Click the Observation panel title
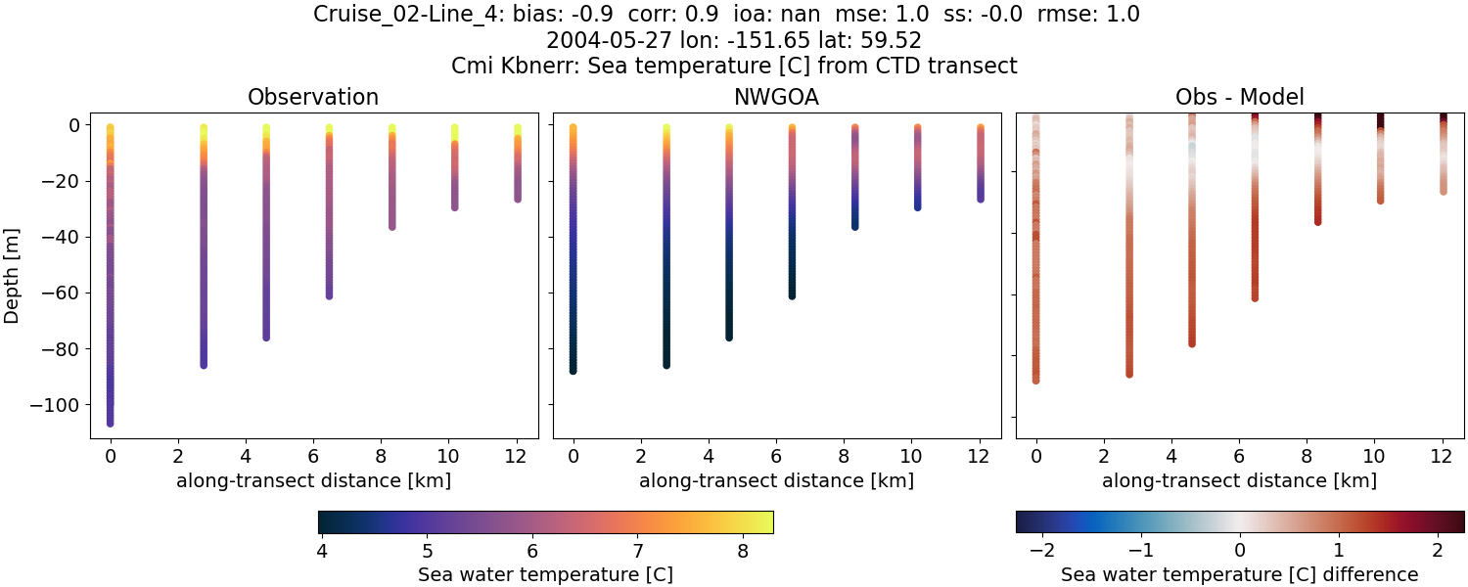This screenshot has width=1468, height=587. [x=312, y=97]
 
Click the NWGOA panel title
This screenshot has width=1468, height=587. [x=776, y=97]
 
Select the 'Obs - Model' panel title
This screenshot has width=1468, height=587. [x=1239, y=97]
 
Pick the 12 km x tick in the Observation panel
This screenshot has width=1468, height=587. [x=515, y=455]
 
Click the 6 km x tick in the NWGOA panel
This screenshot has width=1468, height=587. [x=776, y=455]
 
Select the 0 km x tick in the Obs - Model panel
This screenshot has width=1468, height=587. [x=1036, y=455]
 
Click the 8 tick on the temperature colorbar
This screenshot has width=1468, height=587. [x=742, y=550]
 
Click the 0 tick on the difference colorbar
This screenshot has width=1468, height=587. [x=1239, y=550]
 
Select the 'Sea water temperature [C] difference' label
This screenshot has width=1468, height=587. [x=1239, y=574]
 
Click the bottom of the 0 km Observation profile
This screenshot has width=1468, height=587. [x=111, y=423]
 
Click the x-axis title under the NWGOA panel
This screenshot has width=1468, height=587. [x=776, y=480]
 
